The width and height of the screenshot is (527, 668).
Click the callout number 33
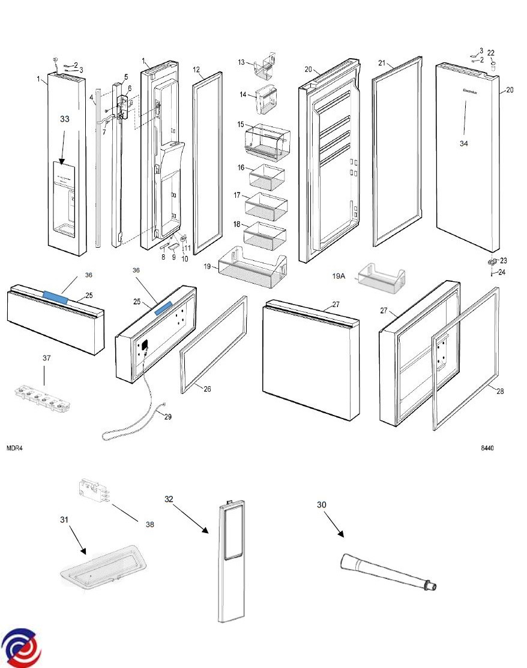pyautogui.click(x=64, y=119)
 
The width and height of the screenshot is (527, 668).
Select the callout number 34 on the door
pyautogui.click(x=464, y=143)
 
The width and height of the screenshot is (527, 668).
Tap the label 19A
pyautogui.click(x=340, y=276)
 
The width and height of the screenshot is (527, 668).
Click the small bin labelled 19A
pyautogui.click(x=382, y=278)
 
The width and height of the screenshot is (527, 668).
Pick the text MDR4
pyautogui.click(x=15, y=448)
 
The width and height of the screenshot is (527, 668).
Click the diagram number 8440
pyautogui.click(x=487, y=448)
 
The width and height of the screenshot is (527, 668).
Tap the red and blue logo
pyautogui.click(x=22, y=647)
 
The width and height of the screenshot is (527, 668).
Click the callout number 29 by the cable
pyautogui.click(x=167, y=417)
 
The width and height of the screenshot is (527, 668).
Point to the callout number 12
pyautogui.click(x=196, y=70)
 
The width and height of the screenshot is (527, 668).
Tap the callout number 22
pyautogui.click(x=490, y=52)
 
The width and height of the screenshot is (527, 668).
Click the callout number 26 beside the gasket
pyautogui.click(x=207, y=389)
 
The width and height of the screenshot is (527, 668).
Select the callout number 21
pyautogui.click(x=382, y=63)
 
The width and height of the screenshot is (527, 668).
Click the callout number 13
pyautogui.click(x=241, y=62)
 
